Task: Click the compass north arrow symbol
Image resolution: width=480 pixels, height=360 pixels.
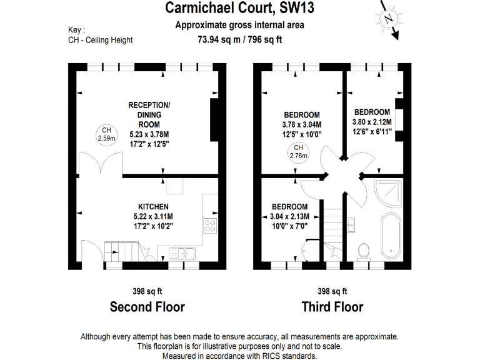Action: tap(391, 19)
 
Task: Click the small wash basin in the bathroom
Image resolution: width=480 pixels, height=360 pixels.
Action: tap(351, 222)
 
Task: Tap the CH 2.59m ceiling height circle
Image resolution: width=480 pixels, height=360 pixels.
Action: tap(104, 134)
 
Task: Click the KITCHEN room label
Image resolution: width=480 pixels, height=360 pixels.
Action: tap(154, 207)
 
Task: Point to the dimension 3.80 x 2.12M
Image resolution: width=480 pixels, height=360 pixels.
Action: tap(372, 122)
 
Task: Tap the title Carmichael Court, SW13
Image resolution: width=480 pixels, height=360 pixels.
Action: tap(239, 8)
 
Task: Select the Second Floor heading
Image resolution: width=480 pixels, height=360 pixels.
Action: tap(147, 306)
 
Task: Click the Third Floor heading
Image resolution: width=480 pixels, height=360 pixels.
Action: tap(332, 306)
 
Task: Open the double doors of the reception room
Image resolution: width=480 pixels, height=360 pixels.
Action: tap(99, 164)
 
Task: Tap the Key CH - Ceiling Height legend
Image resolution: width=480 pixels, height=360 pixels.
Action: tap(100, 35)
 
